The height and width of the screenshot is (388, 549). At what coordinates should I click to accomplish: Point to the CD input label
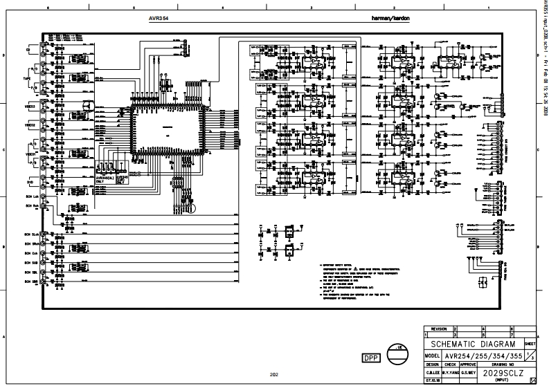28,50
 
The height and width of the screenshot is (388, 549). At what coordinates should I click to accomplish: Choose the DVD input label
29,182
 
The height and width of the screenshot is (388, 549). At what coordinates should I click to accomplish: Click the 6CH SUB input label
30,264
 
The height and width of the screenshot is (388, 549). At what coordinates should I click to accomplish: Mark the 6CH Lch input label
30,197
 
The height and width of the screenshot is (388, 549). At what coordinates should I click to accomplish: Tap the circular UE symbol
400,355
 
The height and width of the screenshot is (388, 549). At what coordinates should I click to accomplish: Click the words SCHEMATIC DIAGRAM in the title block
474,344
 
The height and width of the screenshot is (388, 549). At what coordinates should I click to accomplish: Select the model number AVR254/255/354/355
483,355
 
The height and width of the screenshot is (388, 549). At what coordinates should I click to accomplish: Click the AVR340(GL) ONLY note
105,178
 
